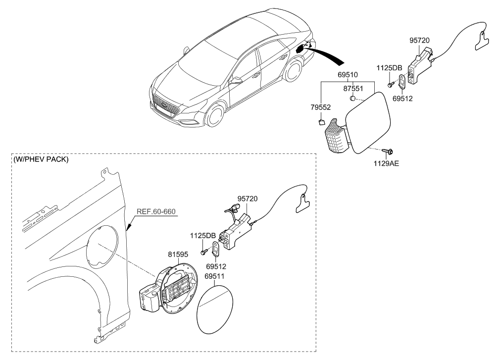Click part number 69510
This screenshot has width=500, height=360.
coord(349,75)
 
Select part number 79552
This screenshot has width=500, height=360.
coord(321,107)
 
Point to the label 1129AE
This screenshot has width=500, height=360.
coord(386,162)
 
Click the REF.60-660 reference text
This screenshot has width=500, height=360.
coord(156,212)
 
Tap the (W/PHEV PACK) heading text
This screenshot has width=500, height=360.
coord(41,160)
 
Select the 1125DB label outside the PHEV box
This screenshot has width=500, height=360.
coord(390,68)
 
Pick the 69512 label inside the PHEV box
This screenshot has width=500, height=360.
coord(216,267)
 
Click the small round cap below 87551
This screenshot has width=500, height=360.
coord(352,99)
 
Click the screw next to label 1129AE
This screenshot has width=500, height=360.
coord(389,149)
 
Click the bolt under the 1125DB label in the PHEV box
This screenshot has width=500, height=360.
coord(203,252)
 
